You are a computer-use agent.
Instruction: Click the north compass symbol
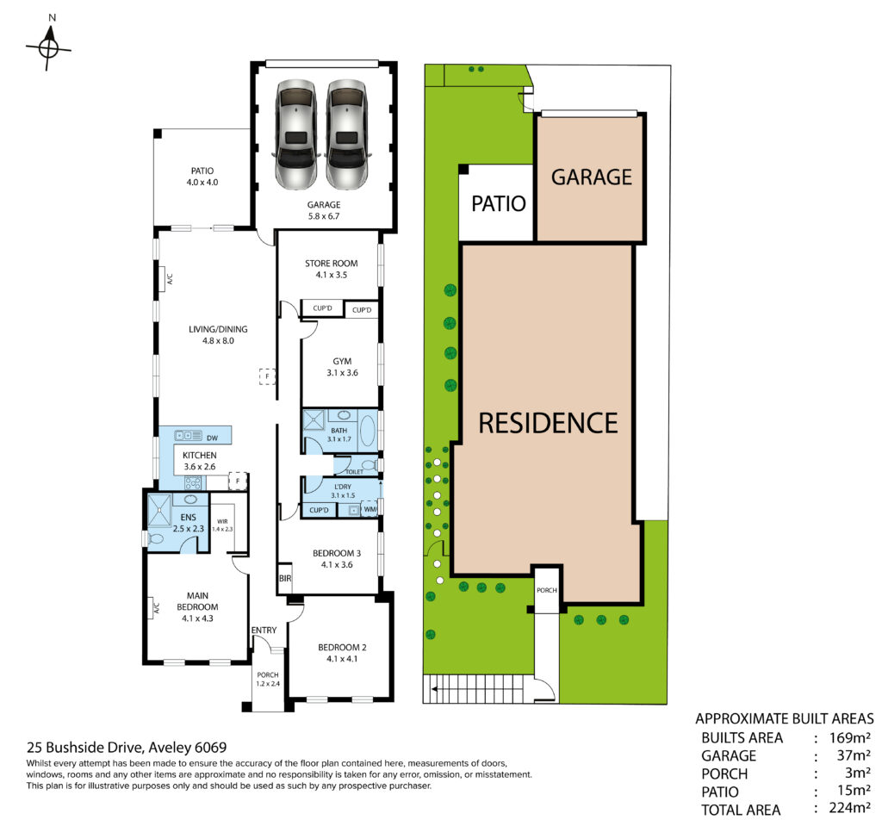[49, 44]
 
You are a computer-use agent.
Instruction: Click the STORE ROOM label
[332, 264]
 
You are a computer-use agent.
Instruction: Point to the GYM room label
[342, 361]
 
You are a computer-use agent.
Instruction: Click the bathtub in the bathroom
[369, 431]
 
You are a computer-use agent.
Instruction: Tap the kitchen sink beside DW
[189, 435]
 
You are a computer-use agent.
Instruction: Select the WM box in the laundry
[370, 510]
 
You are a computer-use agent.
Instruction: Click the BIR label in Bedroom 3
[285, 578]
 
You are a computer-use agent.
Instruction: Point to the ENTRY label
[264, 630]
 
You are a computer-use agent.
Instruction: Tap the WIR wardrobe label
[222, 521]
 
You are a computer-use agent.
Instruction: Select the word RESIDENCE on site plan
[548, 423]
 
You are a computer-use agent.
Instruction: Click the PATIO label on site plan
[499, 203]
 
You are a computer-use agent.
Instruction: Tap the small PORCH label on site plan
[547, 590]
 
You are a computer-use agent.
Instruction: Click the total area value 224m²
[850, 808]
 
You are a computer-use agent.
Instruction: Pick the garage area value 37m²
[854, 755]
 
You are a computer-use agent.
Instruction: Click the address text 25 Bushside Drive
[86, 748]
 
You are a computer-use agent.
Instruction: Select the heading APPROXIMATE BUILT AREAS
[785, 718]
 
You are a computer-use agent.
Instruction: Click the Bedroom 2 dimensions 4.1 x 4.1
[342, 659]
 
